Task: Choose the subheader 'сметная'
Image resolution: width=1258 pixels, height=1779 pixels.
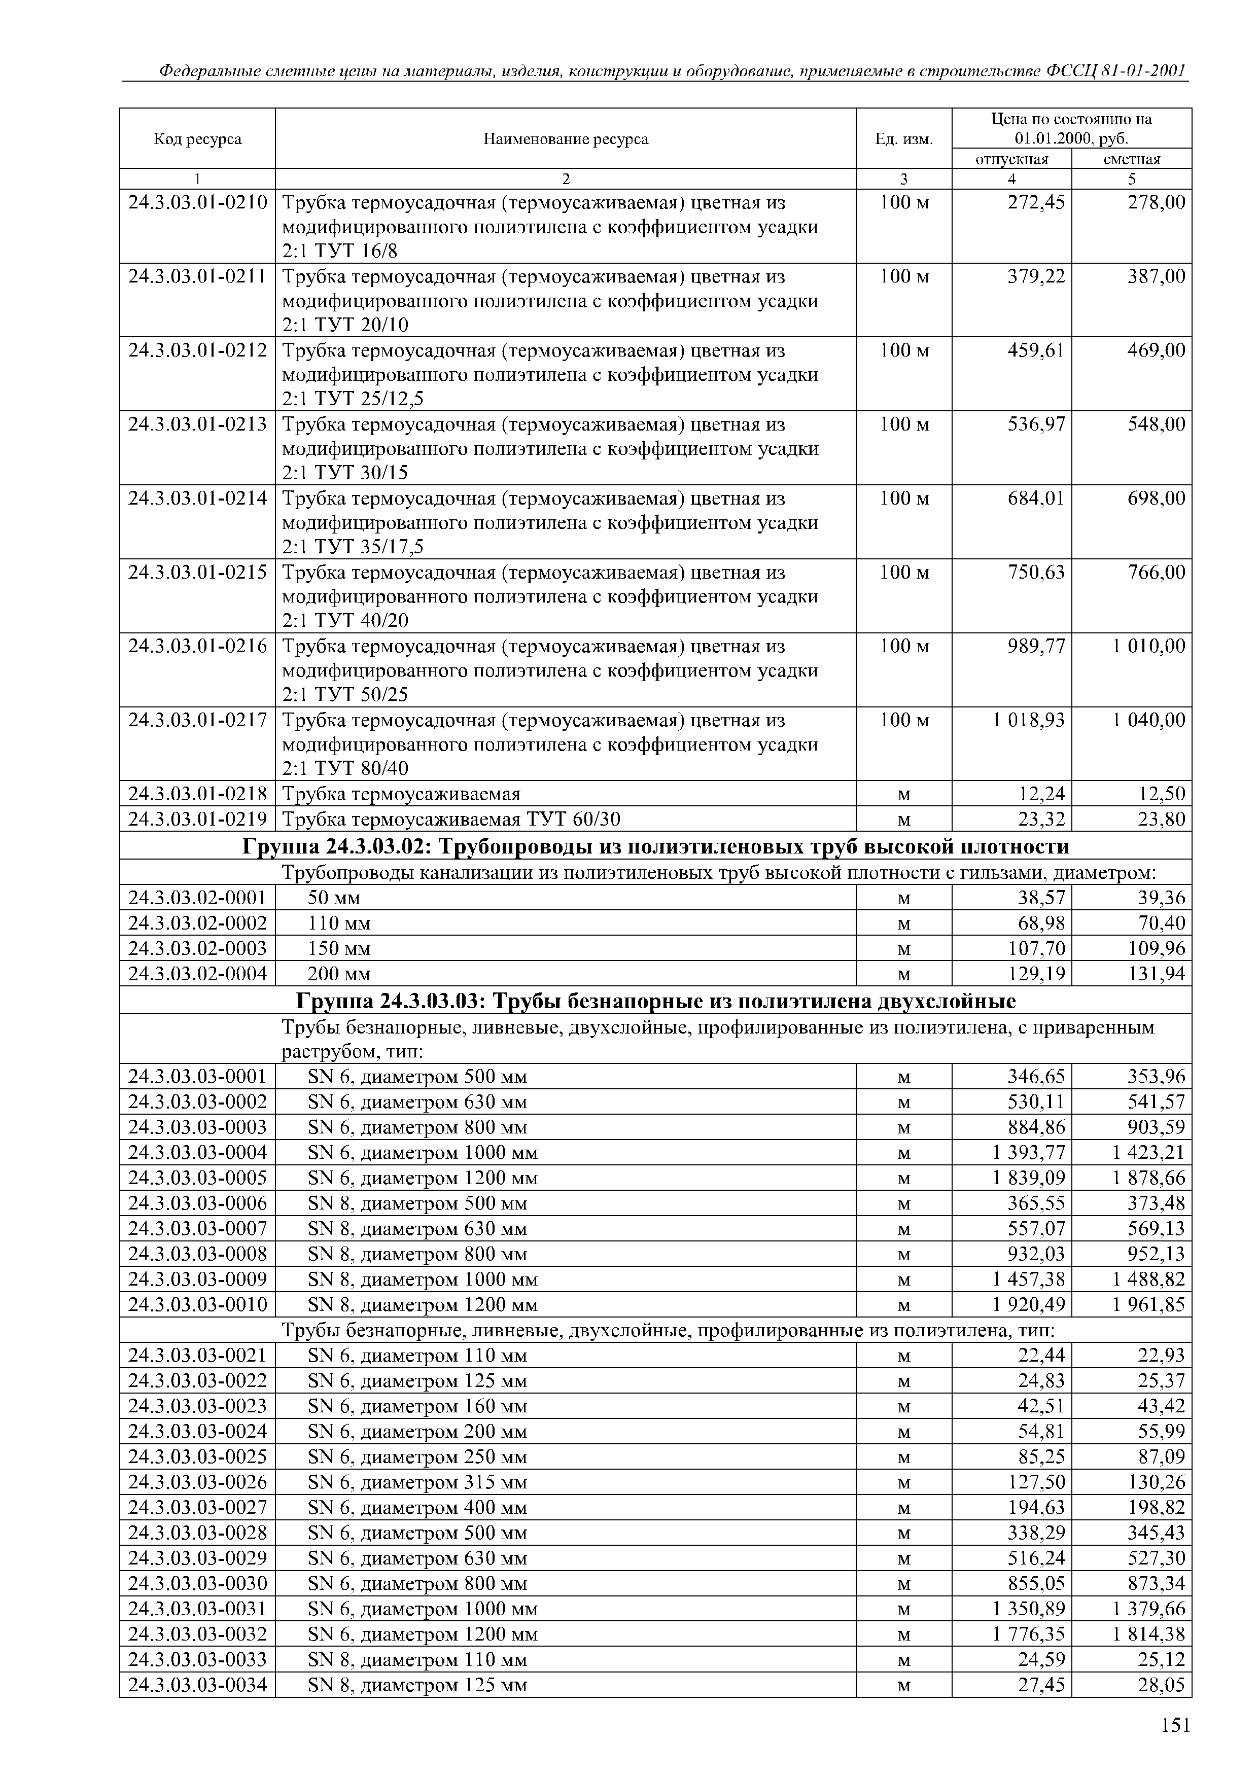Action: coord(1132,160)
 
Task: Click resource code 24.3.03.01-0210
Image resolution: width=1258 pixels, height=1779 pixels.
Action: coord(198,203)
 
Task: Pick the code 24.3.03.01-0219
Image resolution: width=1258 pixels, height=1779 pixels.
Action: coord(198,820)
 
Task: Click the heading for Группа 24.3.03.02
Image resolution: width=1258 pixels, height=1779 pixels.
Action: coord(656,846)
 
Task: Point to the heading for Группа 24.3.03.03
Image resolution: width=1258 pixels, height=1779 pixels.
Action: coord(656,1002)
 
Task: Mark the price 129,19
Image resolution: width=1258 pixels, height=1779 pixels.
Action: coord(1036,975)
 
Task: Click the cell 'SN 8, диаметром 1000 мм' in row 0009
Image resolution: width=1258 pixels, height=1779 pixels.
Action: coord(423,1280)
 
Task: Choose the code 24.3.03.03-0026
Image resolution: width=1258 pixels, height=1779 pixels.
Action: coord(198,1483)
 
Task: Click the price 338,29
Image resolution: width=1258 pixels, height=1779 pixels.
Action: coord(1036,1534)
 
